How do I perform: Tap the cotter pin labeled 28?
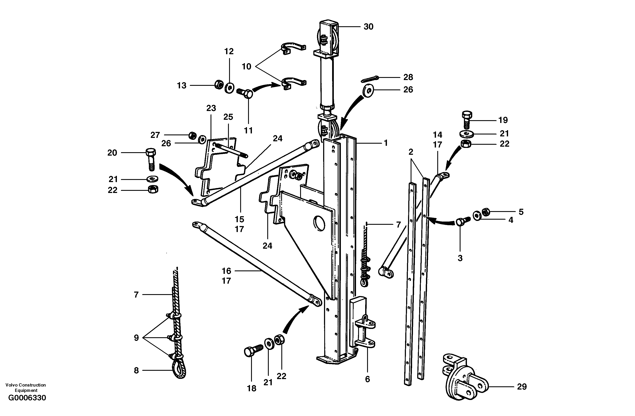click(x=369, y=80)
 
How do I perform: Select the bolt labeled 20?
click(x=151, y=159)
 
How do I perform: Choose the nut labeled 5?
click(x=485, y=212)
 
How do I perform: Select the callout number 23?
click(x=211, y=108)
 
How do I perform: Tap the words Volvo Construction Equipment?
click(x=26, y=387)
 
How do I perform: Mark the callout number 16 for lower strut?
click(x=226, y=271)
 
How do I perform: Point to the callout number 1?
click(x=385, y=143)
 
